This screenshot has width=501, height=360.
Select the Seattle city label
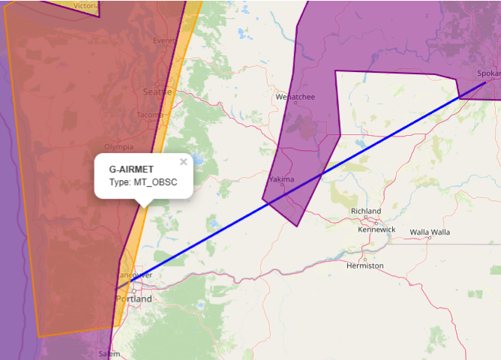point(157,91)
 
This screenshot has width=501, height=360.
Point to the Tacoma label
point(149,115)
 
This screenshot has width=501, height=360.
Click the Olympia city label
point(118,146)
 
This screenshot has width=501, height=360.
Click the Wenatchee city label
point(295,97)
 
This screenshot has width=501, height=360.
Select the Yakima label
point(281,179)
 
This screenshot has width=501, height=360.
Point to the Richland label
point(365,211)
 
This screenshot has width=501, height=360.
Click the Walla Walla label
point(430,232)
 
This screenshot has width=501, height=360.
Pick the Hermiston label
point(364,265)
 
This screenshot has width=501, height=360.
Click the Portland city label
point(133,298)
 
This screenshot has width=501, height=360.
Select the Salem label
point(109,354)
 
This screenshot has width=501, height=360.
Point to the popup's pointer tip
point(143,205)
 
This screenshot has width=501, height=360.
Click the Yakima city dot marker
point(282,186)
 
